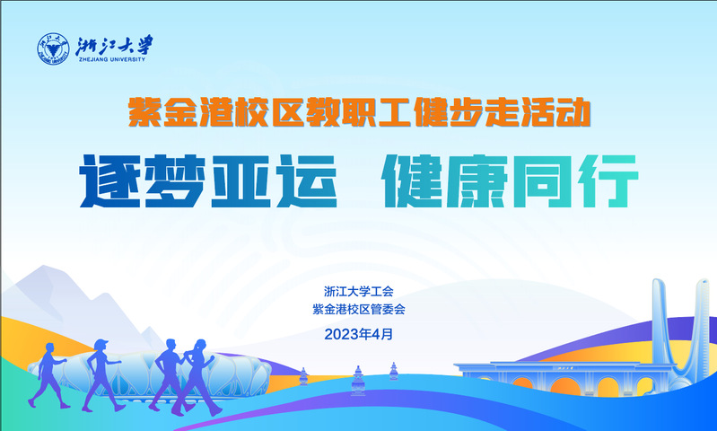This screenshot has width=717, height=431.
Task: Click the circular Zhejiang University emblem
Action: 53,48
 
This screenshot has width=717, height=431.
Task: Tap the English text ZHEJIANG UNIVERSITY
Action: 112,59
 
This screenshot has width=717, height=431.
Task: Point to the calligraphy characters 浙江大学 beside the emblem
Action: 114,45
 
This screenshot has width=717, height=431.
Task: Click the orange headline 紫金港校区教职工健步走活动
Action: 360,111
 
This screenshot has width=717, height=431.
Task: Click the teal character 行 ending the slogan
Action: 608,181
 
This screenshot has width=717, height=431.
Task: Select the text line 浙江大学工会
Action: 359,292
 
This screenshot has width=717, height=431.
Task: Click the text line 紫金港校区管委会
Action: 359,310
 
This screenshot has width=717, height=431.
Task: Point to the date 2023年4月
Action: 359,334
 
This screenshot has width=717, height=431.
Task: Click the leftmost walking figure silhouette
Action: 48,375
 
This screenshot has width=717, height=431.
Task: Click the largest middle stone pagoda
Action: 358,380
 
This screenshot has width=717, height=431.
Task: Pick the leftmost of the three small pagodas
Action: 303,376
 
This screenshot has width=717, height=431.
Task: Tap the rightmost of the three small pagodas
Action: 393,371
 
